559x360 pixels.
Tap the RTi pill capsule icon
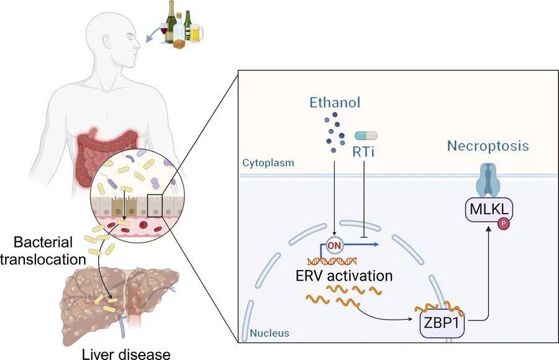pos(366,135)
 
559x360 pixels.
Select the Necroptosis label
pos(488,146)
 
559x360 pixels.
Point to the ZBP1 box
pos(442,325)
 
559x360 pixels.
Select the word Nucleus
pos(270,333)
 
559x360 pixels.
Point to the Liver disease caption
pos(126,354)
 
